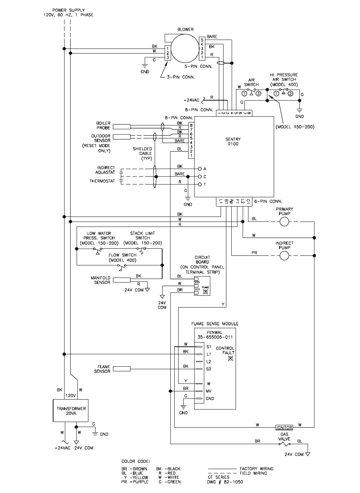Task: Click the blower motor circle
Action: click(185, 50)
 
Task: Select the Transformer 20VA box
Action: click(71, 411)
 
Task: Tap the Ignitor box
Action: click(284, 427)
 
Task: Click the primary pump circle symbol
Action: click(284, 222)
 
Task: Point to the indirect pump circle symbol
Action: click(284, 255)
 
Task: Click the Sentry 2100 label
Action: click(233, 142)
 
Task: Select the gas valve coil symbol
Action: click(284, 444)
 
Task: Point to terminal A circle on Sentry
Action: click(200, 169)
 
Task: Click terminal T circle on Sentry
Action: click(200, 184)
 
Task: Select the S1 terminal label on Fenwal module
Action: click(209, 347)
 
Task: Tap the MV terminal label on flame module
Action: click(209, 391)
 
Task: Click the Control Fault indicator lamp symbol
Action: click(230, 358)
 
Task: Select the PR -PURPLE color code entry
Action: click(135, 482)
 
